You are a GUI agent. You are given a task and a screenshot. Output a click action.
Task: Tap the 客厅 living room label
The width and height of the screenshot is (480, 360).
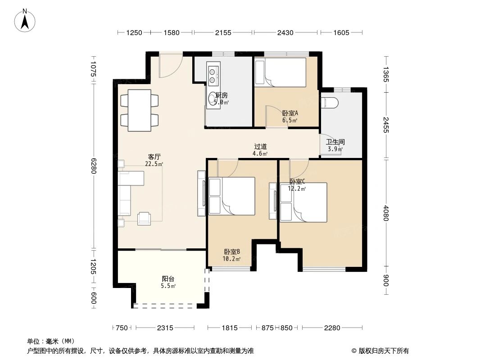point(154,157)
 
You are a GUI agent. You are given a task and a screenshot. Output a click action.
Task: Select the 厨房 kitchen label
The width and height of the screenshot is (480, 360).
point(222,95)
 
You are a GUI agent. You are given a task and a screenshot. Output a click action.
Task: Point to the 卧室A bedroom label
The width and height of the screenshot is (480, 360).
point(290,113)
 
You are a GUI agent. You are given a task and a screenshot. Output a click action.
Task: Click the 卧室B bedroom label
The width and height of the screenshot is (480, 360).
point(231,252)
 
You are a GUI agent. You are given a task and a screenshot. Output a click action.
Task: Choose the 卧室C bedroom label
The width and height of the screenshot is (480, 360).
point(297,181)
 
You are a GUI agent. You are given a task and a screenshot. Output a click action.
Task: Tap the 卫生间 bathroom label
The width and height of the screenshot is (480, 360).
point(335,142)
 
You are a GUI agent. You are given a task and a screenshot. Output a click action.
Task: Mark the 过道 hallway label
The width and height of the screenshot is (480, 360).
point(260,147)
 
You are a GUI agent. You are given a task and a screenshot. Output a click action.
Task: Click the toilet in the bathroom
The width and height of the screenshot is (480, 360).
point(330,102)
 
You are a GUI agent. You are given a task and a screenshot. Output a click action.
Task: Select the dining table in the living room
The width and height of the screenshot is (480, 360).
point(139,111)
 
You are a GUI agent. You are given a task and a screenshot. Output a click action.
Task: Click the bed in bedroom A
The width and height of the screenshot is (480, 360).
point(280,72)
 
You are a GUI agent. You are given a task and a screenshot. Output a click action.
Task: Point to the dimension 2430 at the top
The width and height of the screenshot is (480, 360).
point(285,32)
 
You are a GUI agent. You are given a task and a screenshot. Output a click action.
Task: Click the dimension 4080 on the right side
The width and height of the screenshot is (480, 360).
point(386,212)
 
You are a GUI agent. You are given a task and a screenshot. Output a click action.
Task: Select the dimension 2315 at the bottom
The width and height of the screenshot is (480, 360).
point(165,328)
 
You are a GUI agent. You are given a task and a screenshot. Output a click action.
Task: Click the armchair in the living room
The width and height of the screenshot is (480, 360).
point(145,218)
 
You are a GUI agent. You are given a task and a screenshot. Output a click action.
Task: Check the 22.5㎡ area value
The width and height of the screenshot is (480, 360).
point(154,164)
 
